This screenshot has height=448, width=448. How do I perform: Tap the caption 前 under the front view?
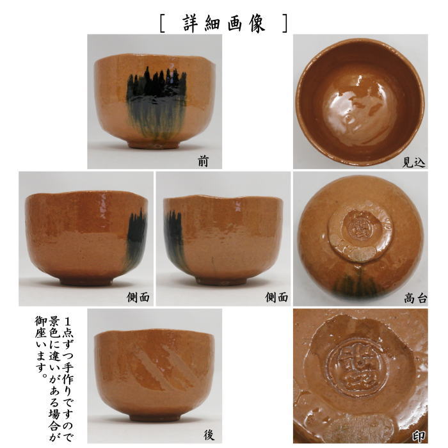(x=204, y=162)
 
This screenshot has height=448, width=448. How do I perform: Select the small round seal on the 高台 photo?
(x=355, y=225)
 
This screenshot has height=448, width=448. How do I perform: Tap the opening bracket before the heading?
(x=163, y=23)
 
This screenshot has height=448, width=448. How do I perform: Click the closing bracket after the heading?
(x=284, y=23)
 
